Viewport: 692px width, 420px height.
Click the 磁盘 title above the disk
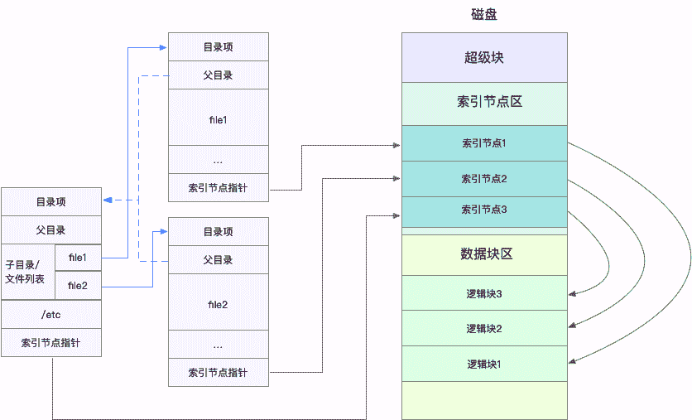coord(483,15)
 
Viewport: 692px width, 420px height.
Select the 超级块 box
coord(484,58)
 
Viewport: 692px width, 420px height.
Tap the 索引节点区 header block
coord(484,103)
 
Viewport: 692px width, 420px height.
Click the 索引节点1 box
coord(484,143)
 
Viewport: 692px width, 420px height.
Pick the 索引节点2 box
coord(484,178)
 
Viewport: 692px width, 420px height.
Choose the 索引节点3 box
coord(484,210)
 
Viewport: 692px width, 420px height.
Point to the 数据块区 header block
coord(484,254)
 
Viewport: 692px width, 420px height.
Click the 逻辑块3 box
coord(484,293)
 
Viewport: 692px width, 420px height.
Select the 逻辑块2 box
coord(484,328)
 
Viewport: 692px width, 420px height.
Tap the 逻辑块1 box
coord(484,364)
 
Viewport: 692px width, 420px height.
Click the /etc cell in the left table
coord(51,314)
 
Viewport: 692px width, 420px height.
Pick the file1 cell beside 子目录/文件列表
coord(78,258)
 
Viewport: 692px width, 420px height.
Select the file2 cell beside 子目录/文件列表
coord(78,286)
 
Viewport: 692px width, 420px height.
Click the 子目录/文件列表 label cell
coord(28,272)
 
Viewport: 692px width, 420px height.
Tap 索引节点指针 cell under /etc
coord(51,342)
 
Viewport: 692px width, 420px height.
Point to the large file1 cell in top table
coord(218,119)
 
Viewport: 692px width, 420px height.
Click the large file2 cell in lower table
coord(218,305)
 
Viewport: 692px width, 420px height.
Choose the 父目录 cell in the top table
coord(218,75)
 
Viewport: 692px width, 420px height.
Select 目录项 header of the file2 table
coord(218,231)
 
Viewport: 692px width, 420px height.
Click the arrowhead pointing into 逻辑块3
coord(572,292)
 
